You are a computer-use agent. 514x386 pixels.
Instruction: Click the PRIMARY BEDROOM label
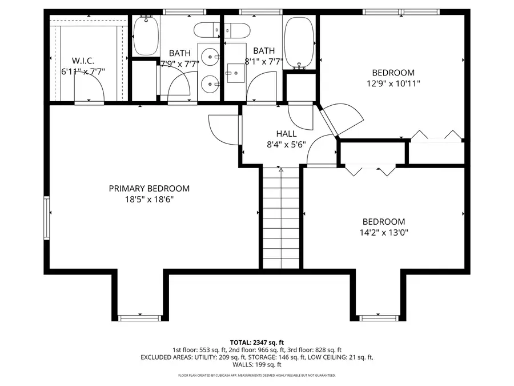149,188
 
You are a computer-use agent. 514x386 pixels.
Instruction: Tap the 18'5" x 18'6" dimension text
149,200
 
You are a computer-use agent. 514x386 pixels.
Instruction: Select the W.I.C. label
83,60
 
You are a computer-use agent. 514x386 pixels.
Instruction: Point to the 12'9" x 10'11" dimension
393,83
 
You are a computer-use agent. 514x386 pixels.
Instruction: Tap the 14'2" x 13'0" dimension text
384,233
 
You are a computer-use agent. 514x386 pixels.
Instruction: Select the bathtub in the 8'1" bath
299,42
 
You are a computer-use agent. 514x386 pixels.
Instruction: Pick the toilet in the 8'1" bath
235,30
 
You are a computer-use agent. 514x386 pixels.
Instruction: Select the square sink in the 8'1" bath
235,71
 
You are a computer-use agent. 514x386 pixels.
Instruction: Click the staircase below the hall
280,217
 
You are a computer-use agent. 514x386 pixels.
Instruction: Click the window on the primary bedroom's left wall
46,217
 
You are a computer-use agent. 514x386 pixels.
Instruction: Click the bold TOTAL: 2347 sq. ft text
256,341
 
